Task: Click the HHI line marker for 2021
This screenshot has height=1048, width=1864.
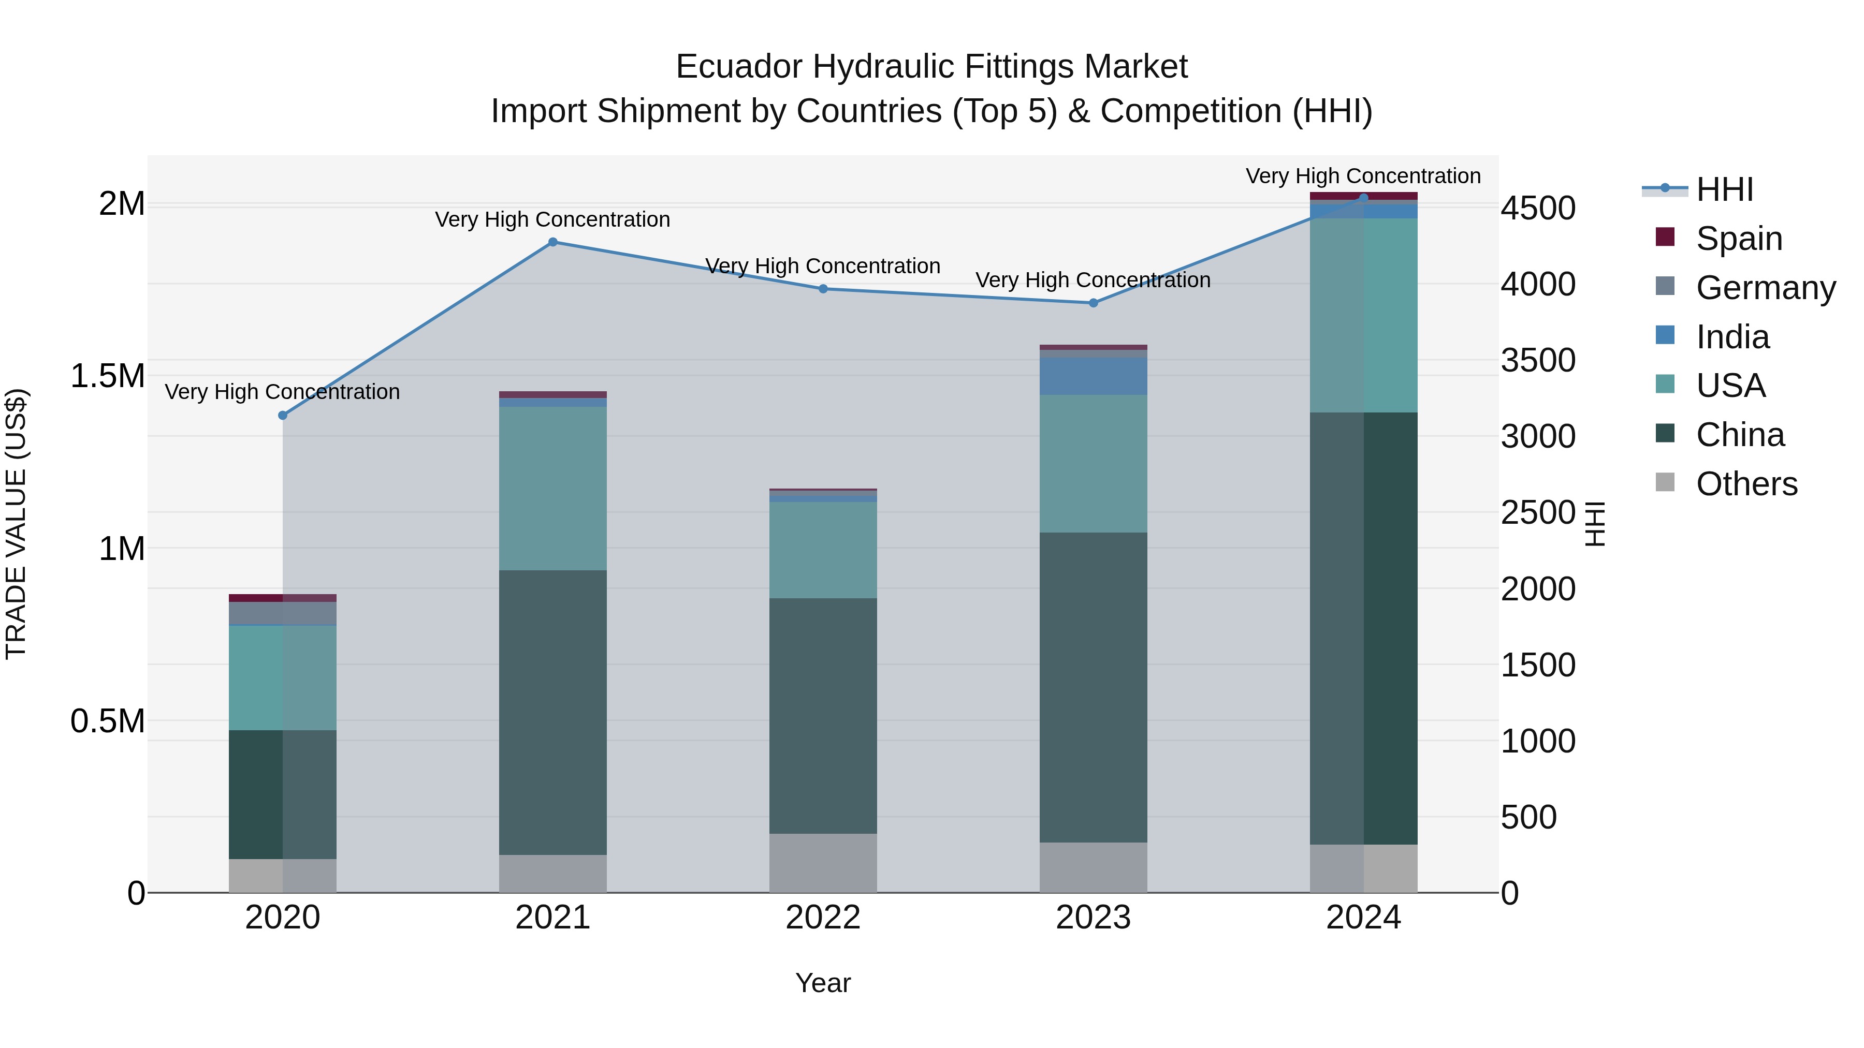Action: [553, 242]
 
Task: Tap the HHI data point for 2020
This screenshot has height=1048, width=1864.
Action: [283, 415]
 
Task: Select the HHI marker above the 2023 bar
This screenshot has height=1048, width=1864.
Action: [1094, 303]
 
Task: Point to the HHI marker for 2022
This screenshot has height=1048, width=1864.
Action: [823, 289]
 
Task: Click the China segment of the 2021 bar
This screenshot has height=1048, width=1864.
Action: [553, 713]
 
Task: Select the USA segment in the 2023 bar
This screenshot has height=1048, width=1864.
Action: [1094, 464]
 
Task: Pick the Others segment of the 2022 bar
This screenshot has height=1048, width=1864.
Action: [823, 863]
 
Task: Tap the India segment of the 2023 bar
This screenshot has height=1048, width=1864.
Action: [1094, 376]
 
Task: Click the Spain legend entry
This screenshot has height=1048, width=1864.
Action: [1739, 239]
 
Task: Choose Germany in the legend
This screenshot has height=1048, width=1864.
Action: [1765, 288]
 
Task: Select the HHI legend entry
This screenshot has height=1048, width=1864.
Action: [1724, 189]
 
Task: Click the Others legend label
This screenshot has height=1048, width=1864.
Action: [1746, 484]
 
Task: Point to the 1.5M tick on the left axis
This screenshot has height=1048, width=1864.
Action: [108, 376]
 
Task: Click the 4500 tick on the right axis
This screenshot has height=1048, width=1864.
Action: [1538, 208]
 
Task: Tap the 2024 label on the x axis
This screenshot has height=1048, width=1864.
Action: [1363, 918]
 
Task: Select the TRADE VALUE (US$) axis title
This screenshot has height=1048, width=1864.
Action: [16, 524]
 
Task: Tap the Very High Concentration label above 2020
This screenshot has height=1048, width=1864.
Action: [282, 392]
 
